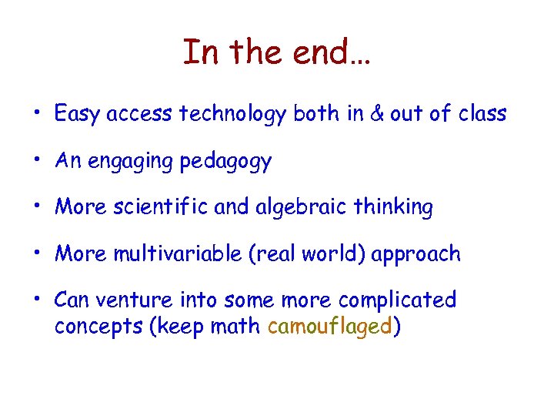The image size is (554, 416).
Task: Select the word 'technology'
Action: point(232,115)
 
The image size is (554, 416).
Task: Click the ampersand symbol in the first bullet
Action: point(376,114)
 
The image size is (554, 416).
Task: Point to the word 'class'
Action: point(482,114)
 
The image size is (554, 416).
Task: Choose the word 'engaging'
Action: point(131,161)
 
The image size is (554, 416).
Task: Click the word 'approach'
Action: point(415,254)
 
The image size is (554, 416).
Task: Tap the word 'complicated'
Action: point(397,300)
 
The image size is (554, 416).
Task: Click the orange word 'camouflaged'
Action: point(329,326)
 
